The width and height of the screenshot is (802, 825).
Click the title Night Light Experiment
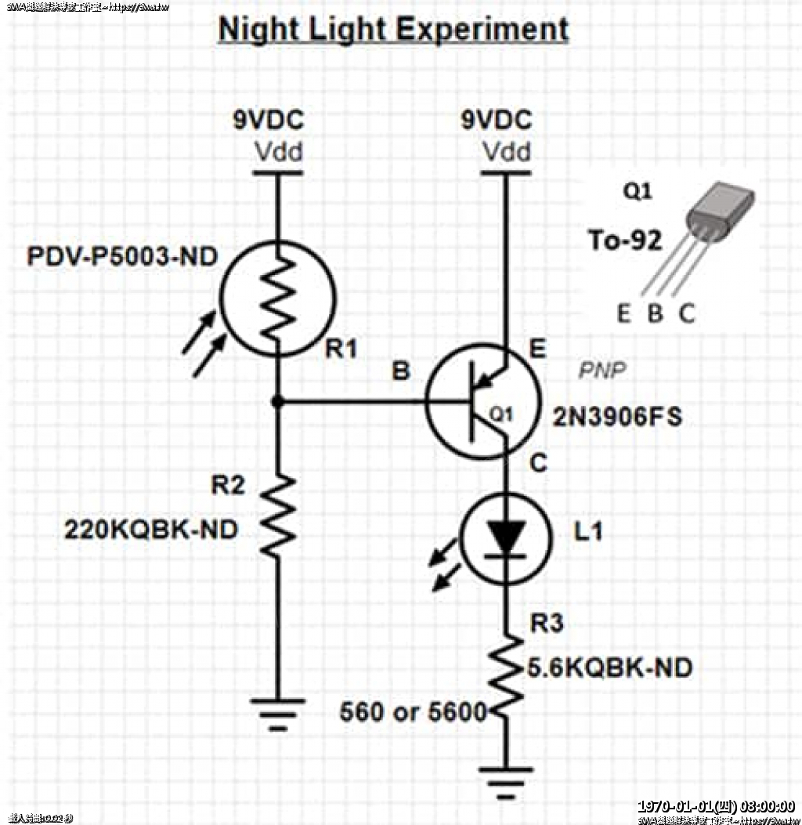(393, 30)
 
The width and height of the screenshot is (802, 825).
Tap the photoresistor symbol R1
(278, 298)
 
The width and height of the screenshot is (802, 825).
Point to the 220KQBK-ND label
(151, 530)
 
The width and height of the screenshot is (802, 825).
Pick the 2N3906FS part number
(617, 417)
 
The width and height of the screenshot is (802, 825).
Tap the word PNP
(602, 371)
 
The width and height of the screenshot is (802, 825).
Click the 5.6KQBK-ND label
(609, 668)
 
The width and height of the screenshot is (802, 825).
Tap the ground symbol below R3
(505, 780)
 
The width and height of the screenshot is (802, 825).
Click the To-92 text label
(625, 241)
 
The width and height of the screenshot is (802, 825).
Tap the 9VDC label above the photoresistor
(268, 121)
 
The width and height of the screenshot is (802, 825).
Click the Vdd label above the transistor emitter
(506, 151)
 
